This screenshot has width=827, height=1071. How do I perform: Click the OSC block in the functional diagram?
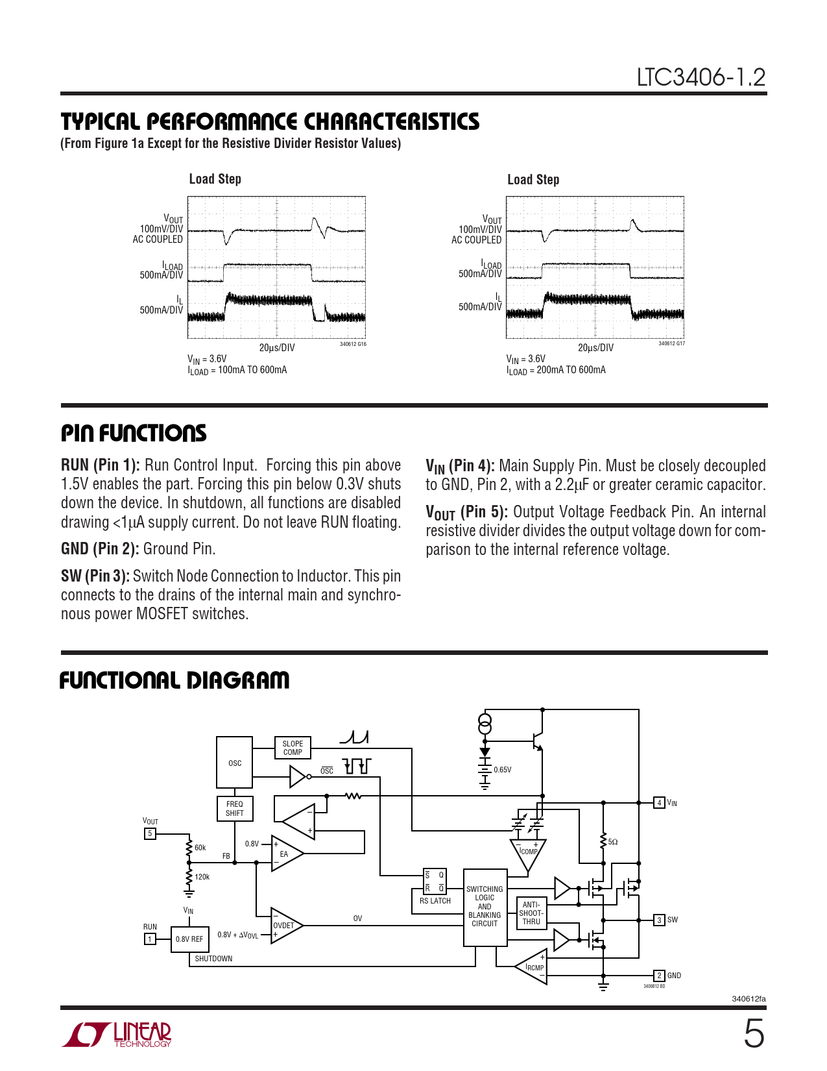point(234,763)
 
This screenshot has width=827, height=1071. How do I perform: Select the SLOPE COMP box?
point(293,748)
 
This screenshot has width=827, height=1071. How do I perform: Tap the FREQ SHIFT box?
point(234,809)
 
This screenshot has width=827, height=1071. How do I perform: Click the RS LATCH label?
point(435,901)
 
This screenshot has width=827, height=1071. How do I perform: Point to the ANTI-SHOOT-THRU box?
point(531,913)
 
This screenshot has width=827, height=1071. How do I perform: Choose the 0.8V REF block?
point(189,939)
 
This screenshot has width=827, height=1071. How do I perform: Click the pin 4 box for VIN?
point(659,803)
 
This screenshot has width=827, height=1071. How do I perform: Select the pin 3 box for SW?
point(659,920)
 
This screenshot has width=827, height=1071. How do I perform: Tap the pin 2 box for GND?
point(659,976)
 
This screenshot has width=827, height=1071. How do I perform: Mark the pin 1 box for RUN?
point(150,939)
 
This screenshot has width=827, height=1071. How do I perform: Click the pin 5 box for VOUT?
point(150,833)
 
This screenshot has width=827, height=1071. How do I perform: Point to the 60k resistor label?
point(200,848)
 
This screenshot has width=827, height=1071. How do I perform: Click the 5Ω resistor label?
point(613,842)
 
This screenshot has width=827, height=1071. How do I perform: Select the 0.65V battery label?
point(503,770)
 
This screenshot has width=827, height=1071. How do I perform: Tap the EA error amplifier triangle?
point(285,854)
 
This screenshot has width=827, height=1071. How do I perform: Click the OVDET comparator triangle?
point(285,926)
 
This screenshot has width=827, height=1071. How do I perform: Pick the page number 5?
point(754,1034)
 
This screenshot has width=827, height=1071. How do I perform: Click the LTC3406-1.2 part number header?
point(701,78)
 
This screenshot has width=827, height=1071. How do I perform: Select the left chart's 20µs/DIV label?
point(277,348)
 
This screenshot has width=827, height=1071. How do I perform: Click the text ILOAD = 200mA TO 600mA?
point(556,370)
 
